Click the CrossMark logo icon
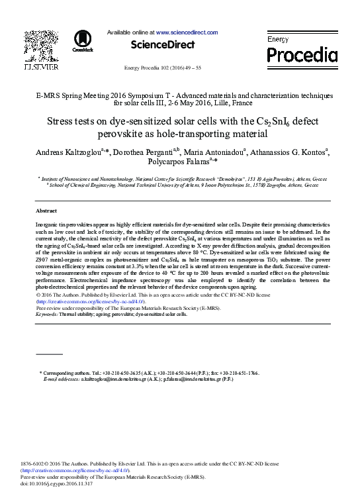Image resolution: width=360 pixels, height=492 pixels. [83, 40]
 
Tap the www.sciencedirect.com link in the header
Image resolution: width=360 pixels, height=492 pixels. [187, 32]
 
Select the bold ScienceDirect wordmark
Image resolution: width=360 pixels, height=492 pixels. [163, 45]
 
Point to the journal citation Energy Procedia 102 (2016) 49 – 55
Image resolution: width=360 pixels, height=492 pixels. [163, 69]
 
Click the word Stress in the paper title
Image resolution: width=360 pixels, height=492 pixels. [62, 122]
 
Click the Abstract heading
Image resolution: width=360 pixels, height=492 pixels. [46, 210]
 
